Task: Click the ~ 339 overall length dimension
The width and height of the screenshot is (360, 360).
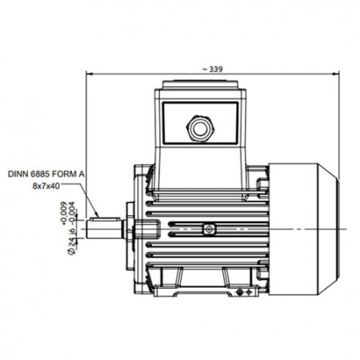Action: click(212, 70)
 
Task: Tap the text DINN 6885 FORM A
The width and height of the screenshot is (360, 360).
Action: click(46, 174)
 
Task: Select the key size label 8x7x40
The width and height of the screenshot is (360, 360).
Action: click(46, 186)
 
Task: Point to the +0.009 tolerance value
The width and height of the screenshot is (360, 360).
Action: click(63, 214)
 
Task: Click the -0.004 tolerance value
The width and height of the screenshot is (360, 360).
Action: click(71, 214)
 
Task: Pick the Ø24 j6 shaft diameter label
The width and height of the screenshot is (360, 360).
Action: click(71, 242)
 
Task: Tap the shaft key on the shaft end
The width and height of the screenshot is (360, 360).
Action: click(106, 219)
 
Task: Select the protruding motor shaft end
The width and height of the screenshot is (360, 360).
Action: click(104, 229)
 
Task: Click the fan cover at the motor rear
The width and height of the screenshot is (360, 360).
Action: click(303, 230)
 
